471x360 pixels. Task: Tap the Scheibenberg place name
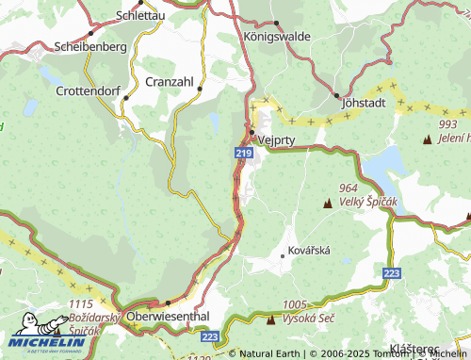click(x=91, y=46)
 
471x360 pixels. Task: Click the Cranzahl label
click(x=170, y=82)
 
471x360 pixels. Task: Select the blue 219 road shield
click(x=242, y=152)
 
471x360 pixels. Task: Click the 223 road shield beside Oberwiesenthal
click(x=210, y=335)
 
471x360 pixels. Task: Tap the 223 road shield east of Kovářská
click(x=392, y=272)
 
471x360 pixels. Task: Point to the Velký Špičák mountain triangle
click(x=328, y=204)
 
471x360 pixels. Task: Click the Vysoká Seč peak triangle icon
click(x=272, y=320)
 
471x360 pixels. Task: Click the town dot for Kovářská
click(x=283, y=254)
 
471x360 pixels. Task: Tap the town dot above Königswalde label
click(x=275, y=24)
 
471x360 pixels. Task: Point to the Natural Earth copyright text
click(x=273, y=353)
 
